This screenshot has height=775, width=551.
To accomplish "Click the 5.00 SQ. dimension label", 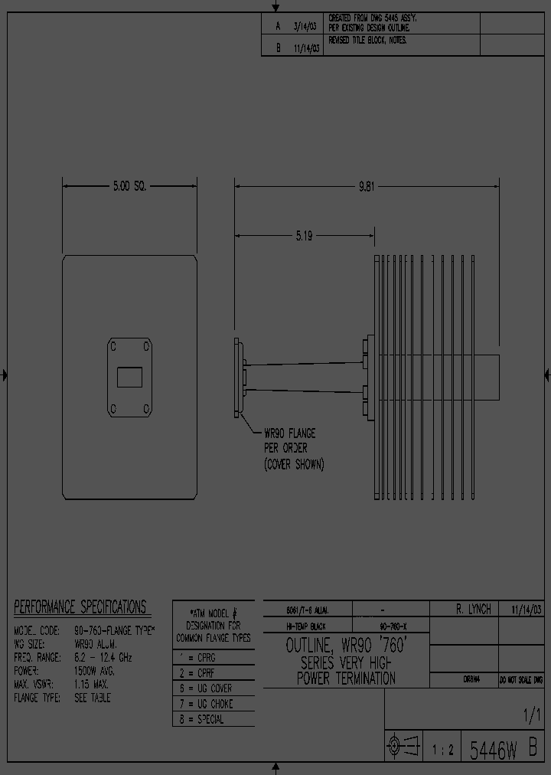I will pos(129,186).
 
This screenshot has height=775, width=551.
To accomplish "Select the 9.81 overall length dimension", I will pos(367,186).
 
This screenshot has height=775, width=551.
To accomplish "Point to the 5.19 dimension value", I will pos(304,236).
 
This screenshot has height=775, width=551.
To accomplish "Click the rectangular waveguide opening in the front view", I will pos(129,378).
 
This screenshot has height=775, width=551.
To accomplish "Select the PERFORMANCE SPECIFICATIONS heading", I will pos(80,608).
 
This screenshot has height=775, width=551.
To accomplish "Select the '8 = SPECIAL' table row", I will pos(201,720).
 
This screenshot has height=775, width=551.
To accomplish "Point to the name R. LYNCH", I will pos(473,609).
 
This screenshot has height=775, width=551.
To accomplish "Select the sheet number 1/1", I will pos(531,717).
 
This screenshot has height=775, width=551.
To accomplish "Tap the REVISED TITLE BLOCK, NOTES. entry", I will pos(367,41).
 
